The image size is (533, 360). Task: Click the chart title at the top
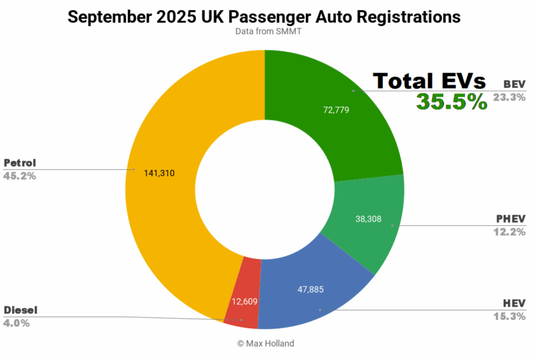(265, 17)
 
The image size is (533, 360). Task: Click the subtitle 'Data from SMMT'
(265, 31)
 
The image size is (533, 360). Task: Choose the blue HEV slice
(313, 293)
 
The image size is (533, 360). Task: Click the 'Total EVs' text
(429, 81)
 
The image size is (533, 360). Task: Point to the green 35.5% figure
(451, 101)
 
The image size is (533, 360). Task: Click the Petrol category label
(20, 163)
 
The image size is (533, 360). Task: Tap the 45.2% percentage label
(20, 176)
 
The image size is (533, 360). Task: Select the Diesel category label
(21, 310)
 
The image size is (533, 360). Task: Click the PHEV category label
(510, 219)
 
